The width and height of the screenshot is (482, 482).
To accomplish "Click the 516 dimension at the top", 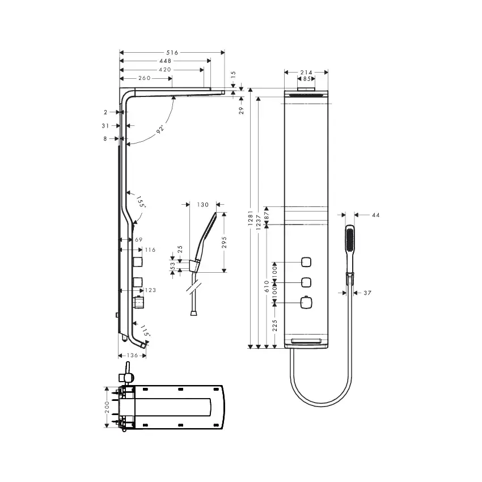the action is pos(172,53).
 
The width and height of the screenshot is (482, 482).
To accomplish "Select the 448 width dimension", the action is pos(166,61).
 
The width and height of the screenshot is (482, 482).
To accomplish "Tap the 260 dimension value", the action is pos(145,78).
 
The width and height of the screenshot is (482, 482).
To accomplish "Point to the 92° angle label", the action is pos(160,129).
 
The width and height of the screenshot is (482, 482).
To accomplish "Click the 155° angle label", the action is pos(141,202).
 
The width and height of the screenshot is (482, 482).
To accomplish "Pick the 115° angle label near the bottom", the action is pos(145,331).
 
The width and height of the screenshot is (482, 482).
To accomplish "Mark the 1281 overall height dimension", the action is pos(251,218).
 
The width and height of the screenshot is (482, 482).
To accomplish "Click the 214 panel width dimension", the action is pos(306,72).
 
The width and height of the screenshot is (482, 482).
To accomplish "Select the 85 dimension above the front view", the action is pos(307,79).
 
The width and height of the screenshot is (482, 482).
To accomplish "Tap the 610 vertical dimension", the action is pos(267,286).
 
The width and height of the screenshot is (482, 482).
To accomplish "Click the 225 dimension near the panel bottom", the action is pos(275,325).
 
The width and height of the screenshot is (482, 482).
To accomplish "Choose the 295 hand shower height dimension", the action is pos(225,242).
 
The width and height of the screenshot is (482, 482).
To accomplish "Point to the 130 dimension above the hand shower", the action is pos(203,205).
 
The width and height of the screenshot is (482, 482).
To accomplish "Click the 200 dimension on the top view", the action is pos(107,407).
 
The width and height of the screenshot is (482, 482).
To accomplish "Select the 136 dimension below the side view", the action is pos(133,356).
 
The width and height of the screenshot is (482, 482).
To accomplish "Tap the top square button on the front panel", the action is pos(306,262).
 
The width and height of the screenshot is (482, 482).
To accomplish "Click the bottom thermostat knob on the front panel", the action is pos(306,302).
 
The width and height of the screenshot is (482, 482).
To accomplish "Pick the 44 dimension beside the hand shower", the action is pos(376,215).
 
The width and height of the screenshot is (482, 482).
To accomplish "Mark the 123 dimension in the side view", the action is pos(150,290).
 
